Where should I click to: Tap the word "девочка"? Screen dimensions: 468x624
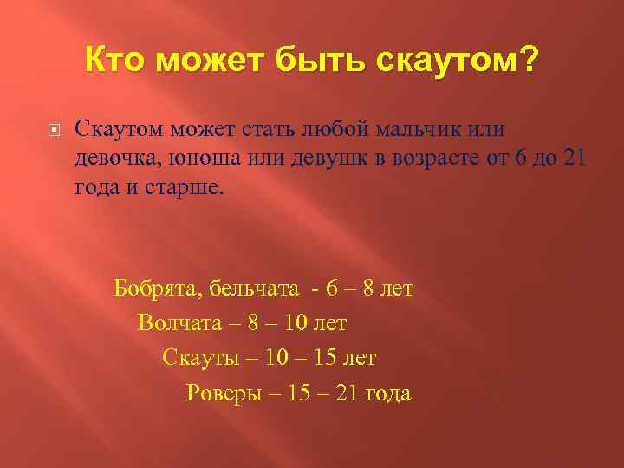coord(114,159)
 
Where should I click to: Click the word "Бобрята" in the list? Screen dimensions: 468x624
coord(155,289)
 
